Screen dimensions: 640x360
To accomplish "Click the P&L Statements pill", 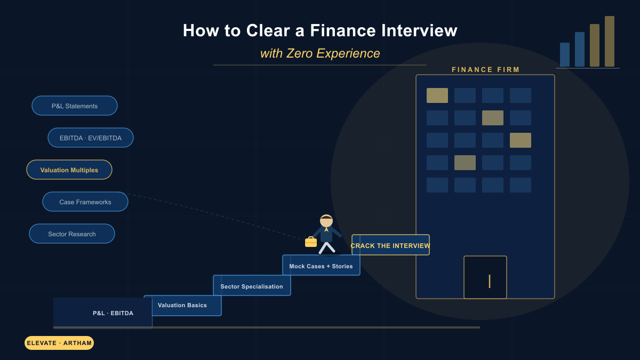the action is click(x=75, y=106).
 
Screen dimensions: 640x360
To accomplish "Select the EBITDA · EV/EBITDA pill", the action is click(x=91, y=138).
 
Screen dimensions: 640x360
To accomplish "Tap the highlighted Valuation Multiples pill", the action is click(x=69, y=170).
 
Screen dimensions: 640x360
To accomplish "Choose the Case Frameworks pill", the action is click(x=85, y=202).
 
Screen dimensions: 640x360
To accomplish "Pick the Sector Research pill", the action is click(x=72, y=234).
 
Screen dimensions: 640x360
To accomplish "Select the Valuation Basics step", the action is click(x=183, y=306).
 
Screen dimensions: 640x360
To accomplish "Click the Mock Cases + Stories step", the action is click(x=321, y=265).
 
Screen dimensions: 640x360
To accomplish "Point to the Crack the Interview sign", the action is click(x=390, y=245).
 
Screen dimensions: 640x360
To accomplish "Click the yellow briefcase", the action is click(x=311, y=242).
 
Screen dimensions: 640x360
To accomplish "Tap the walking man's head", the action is click(x=326, y=221).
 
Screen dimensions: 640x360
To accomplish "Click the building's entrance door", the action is click(x=485, y=277).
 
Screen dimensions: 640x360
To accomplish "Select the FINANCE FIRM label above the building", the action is click(x=485, y=70).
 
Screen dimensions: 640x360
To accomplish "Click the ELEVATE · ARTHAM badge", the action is click(x=59, y=343).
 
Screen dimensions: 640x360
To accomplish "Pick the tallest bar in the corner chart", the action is click(x=610, y=42).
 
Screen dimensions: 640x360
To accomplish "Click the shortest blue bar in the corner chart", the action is click(x=565, y=55).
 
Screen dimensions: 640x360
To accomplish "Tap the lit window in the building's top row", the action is click(x=437, y=95).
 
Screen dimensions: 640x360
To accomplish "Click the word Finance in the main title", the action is click(x=343, y=30).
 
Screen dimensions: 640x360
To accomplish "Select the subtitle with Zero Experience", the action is click(x=320, y=53).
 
